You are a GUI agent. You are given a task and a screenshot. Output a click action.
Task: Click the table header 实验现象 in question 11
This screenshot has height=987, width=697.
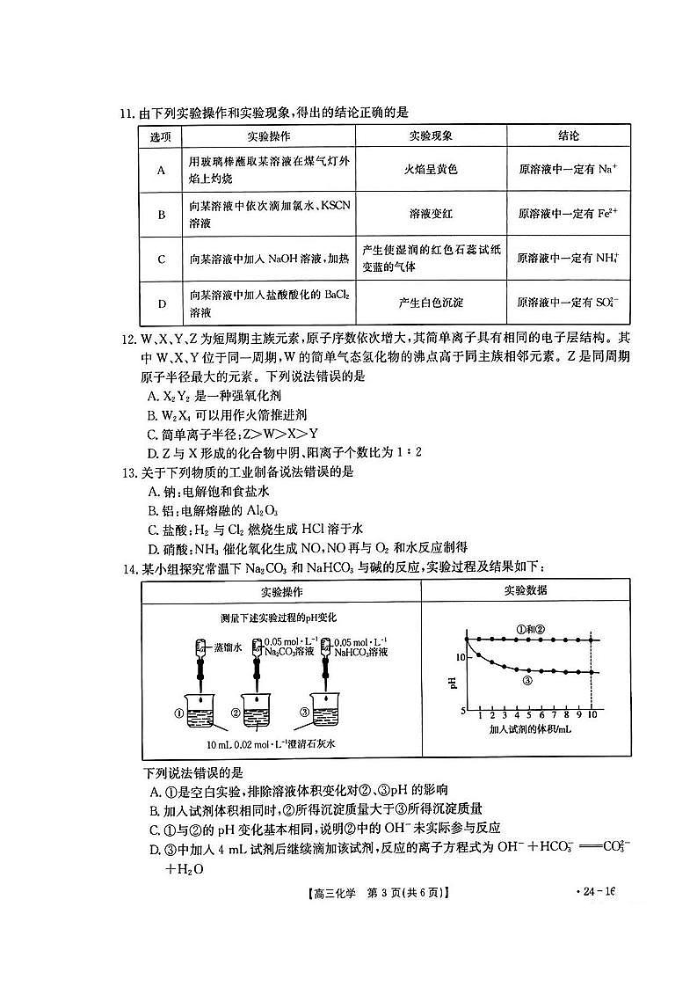coord(431,136)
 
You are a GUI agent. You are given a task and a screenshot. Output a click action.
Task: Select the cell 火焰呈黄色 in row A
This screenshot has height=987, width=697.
coord(431,169)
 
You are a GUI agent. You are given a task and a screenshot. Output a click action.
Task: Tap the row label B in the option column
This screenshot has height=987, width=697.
coord(162,214)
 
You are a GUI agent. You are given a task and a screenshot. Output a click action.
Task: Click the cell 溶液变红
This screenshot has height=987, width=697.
coord(431,214)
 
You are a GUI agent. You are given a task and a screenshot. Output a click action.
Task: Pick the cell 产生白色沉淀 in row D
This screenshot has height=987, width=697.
coord(431,303)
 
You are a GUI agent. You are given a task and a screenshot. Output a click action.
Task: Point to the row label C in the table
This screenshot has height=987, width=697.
coord(162,259)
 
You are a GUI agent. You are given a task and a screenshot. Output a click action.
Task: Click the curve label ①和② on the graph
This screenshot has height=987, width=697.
coord(531,629)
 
